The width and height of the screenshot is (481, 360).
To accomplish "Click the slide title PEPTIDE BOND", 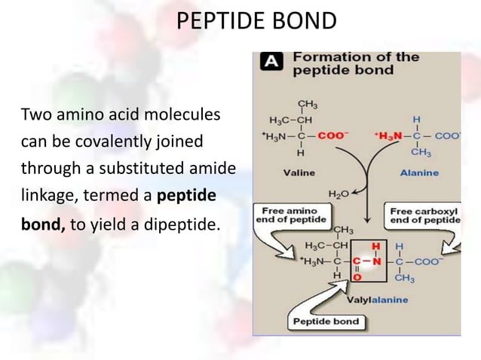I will tap(256, 20).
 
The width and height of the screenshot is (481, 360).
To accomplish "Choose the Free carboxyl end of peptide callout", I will tap(424, 215).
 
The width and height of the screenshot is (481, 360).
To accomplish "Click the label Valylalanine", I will tap(377, 300).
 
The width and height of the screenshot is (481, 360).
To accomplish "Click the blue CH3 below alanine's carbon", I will tap(421, 153).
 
